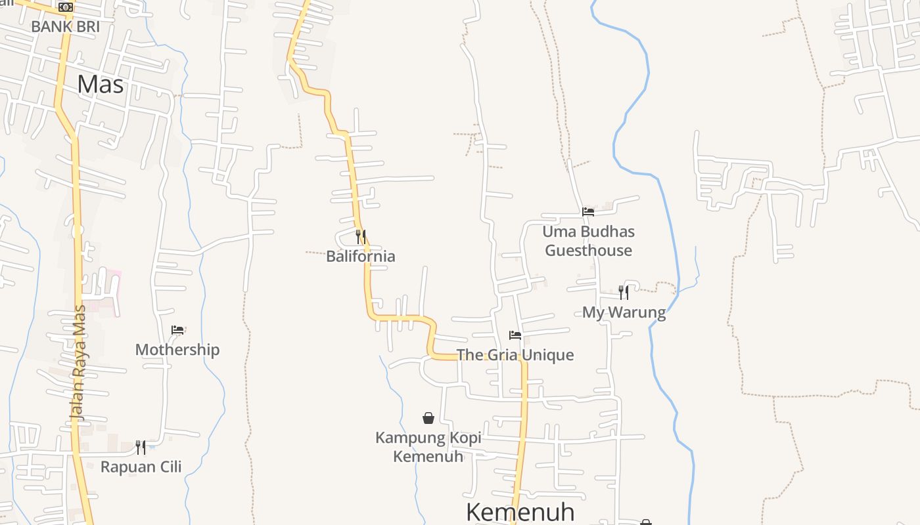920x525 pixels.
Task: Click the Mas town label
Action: click(101, 85)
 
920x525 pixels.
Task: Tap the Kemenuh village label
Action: click(520, 512)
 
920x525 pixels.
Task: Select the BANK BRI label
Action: click(65, 27)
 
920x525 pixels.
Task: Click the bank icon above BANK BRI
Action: click(66, 7)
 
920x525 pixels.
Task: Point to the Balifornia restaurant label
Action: click(361, 256)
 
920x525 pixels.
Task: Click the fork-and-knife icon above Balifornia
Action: click(361, 236)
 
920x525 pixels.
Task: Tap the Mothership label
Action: click(177, 349)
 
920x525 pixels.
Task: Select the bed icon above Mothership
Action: click(177, 329)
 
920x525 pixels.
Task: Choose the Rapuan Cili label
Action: click(141, 467)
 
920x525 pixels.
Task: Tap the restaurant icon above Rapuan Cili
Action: click(141, 447)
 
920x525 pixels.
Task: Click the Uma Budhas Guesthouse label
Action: click(589, 241)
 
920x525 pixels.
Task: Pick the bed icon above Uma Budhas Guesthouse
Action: click(588, 212)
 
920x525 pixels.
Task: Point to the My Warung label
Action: click(624, 312)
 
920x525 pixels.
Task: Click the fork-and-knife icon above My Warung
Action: click(624, 292)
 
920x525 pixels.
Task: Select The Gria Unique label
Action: click(515, 355)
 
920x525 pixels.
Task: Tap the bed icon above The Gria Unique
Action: click(515, 335)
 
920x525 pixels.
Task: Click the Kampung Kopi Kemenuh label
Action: click(428, 447)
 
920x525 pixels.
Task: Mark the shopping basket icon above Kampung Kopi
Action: click(428, 418)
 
